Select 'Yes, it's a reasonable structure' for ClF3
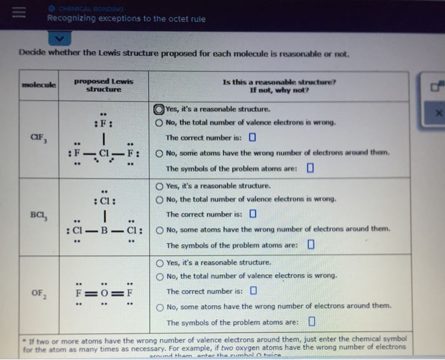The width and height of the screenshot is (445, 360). pyautogui.click(x=159, y=109)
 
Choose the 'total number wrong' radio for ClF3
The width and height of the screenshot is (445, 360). pyautogui.click(x=160, y=122)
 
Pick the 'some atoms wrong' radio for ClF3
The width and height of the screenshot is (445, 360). pyautogui.click(x=160, y=153)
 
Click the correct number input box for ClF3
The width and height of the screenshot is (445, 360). pyautogui.click(x=252, y=137)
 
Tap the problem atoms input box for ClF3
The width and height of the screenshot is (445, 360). pyautogui.click(x=311, y=169)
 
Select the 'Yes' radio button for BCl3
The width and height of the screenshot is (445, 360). pyautogui.click(x=160, y=186)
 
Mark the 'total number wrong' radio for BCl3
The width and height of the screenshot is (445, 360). pyautogui.click(x=160, y=199)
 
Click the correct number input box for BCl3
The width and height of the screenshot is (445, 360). pyautogui.click(x=252, y=214)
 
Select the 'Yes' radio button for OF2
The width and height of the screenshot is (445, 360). pyautogui.click(x=160, y=263)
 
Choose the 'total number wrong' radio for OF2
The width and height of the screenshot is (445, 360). pyautogui.click(x=160, y=276)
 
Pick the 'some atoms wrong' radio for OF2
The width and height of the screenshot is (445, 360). pyautogui.click(x=160, y=307)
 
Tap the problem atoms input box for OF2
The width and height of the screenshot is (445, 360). pyautogui.click(x=311, y=322)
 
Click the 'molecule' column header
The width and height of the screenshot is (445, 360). pyautogui.click(x=39, y=84)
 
